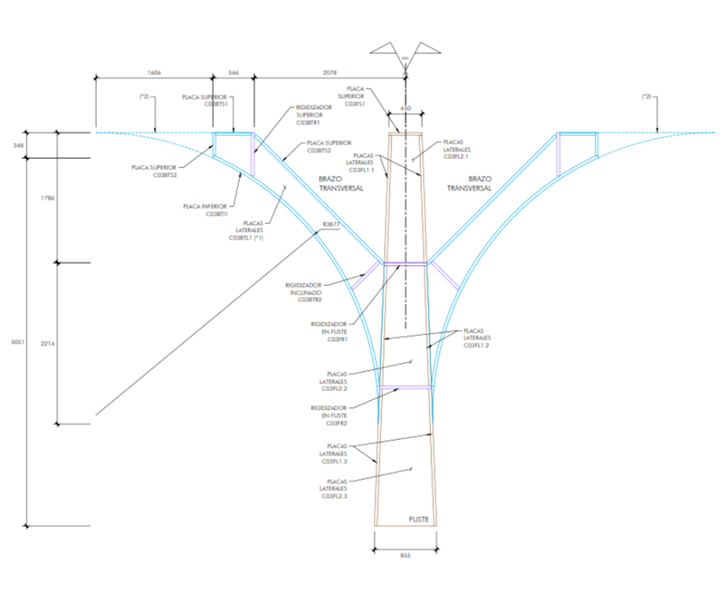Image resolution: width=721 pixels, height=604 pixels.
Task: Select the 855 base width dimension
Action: coord(406,555)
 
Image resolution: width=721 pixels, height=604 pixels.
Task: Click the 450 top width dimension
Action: coord(407,109)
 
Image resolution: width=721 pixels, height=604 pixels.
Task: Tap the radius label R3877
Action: coord(331,224)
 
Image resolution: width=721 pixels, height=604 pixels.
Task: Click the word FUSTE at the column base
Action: coord(419,520)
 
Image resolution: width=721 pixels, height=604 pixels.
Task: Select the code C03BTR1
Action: coord(309,123)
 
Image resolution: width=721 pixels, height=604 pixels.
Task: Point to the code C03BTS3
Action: coord(165,175)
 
